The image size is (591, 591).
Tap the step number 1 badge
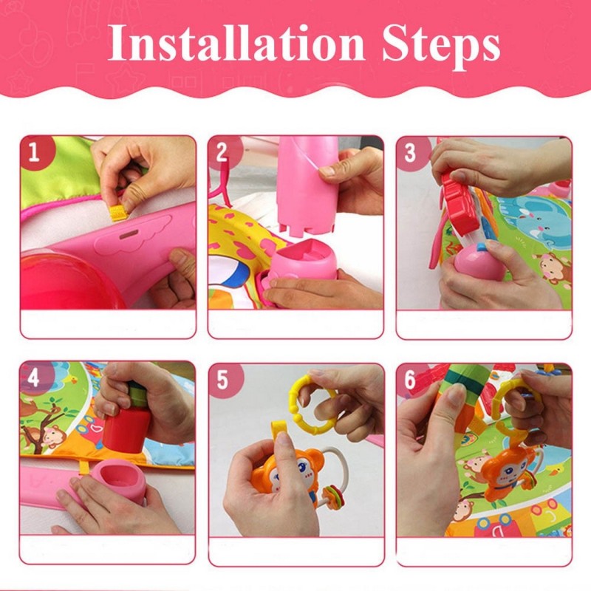coord(35,152)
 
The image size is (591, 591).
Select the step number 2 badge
coord(223,152)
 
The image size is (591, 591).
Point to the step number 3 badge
coord(411,152)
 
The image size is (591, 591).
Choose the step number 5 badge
coord(224,380)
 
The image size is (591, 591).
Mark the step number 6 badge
coord(411,379)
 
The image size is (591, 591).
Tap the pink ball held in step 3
coord(478,264)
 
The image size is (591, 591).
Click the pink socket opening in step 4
coord(119,477)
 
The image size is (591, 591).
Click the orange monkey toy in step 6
coord(509,472)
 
